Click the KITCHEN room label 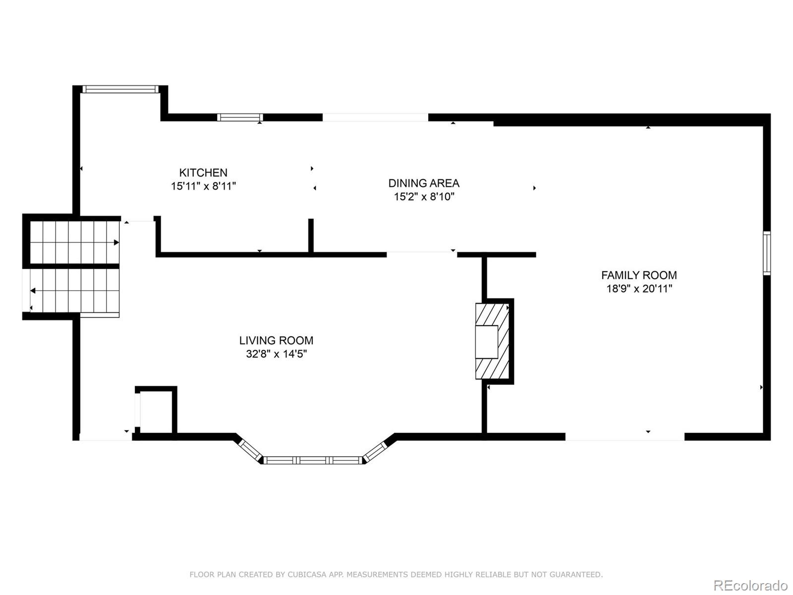pyautogui.click(x=203, y=173)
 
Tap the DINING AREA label pyautogui.click(x=424, y=183)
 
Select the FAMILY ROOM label pyautogui.click(x=639, y=275)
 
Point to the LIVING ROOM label pyautogui.click(x=276, y=340)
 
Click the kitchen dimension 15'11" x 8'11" pyautogui.click(x=203, y=186)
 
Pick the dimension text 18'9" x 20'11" pyautogui.click(x=639, y=289)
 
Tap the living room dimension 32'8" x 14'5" pyautogui.click(x=277, y=354)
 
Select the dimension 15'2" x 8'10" pyautogui.click(x=424, y=197)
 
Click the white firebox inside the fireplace pyautogui.click(x=487, y=342)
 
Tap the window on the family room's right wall pyautogui.click(x=766, y=253)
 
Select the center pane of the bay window pyautogui.click(x=313, y=460)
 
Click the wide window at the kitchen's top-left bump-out pyautogui.click(x=120, y=89)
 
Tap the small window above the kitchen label pyautogui.click(x=240, y=118)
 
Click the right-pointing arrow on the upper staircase pyautogui.click(x=116, y=242)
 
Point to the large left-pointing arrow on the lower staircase pyautogui.click(x=33, y=291)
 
